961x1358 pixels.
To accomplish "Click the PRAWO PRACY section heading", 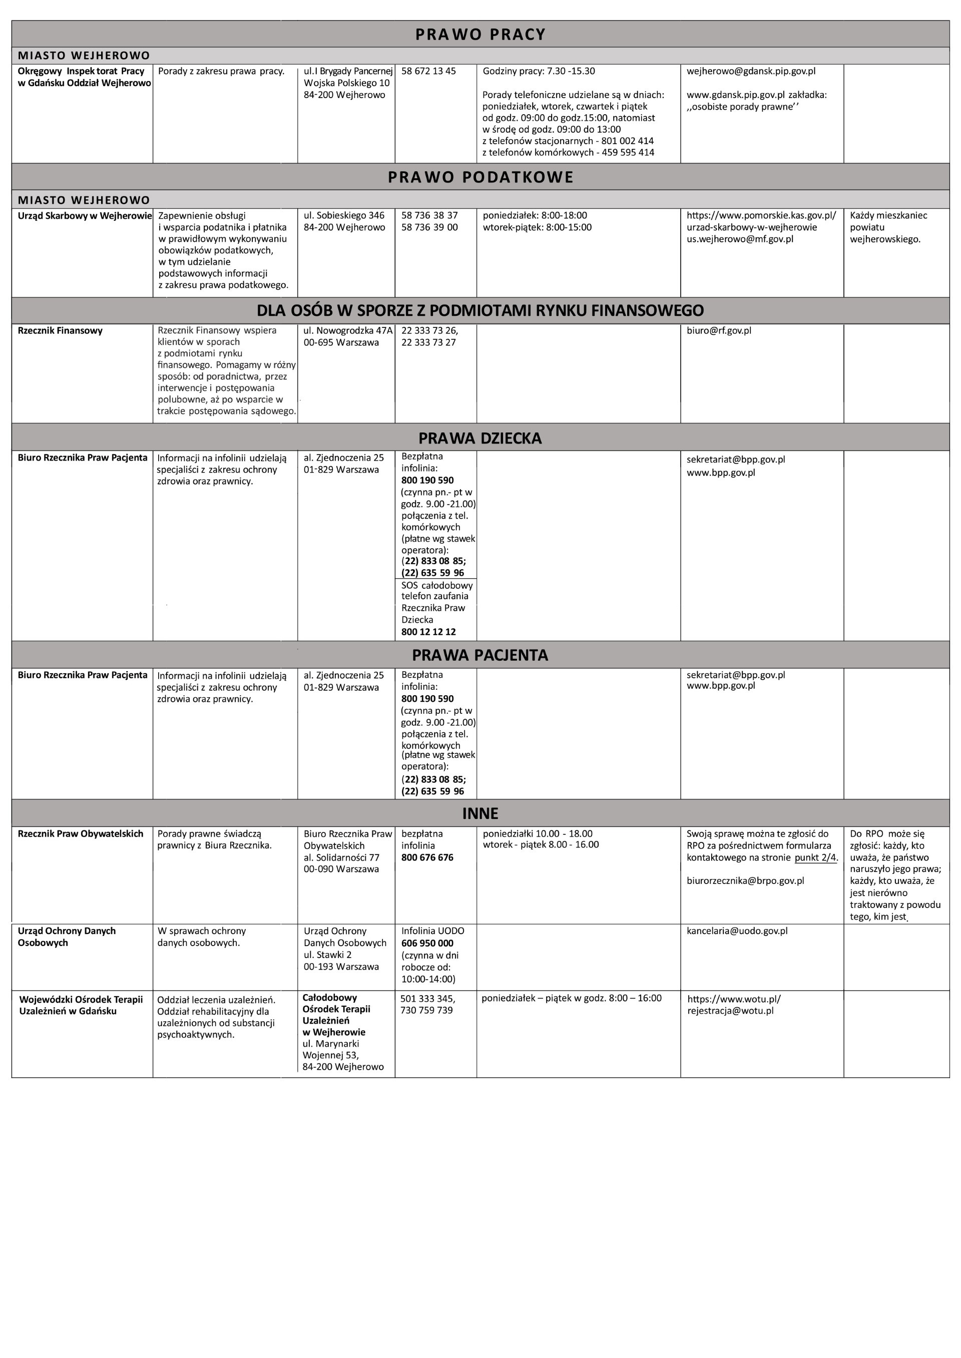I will coord(480,35).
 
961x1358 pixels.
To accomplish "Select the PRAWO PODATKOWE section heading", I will coord(480,177).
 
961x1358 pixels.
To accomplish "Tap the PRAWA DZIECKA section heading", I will coord(480,438).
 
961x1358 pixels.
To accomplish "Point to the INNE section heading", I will coord(480,813).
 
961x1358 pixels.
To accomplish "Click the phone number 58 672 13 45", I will coord(428,71).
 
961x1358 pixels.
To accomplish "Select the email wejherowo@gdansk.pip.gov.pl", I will coord(750,71).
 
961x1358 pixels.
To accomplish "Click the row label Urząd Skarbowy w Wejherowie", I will coord(85,215).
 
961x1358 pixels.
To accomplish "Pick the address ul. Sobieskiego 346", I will coord(344,215).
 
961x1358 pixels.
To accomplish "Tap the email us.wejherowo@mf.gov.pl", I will coord(740,239).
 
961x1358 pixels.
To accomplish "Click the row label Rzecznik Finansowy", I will coord(60,330).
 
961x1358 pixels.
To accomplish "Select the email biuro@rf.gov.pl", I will coord(718,330).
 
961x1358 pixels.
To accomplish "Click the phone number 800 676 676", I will coord(427,857).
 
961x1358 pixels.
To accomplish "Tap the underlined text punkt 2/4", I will coord(816,857).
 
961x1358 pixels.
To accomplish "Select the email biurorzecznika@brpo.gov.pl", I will coord(745,880).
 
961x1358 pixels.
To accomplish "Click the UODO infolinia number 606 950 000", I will coord(427,943).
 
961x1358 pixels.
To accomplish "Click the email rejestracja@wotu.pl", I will coord(730,1011).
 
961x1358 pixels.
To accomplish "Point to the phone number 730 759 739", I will coord(426,1010).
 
